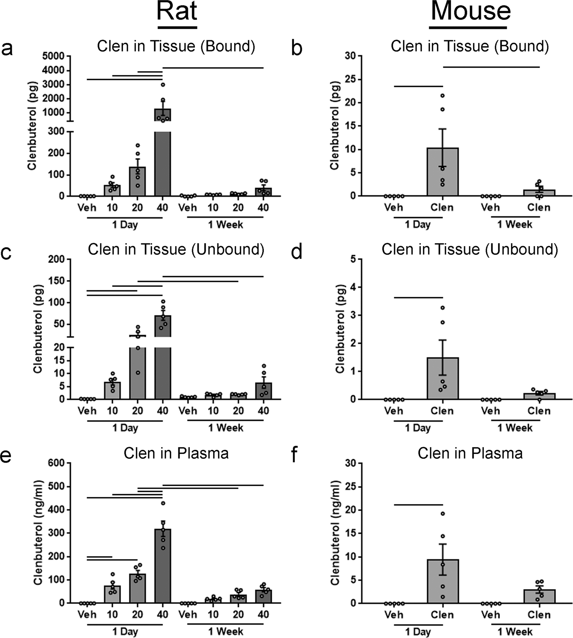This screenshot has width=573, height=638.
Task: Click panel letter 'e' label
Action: [7, 456]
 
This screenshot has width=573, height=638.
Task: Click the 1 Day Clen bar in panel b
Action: [442, 172]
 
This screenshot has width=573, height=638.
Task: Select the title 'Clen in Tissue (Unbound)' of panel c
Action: [176, 249]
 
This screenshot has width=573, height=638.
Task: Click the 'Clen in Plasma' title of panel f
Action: [470, 453]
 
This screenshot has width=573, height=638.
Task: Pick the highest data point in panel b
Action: [442, 95]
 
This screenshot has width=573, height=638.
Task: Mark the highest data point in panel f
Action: [442, 514]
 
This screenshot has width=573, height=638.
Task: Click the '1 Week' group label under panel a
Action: [225, 224]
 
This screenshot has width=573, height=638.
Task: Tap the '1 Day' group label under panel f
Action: [418, 631]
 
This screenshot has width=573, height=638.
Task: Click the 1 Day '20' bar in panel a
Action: [137, 182]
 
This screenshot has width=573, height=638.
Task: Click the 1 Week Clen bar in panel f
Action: [539, 596]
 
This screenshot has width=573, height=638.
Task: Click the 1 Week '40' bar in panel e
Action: [263, 597]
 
